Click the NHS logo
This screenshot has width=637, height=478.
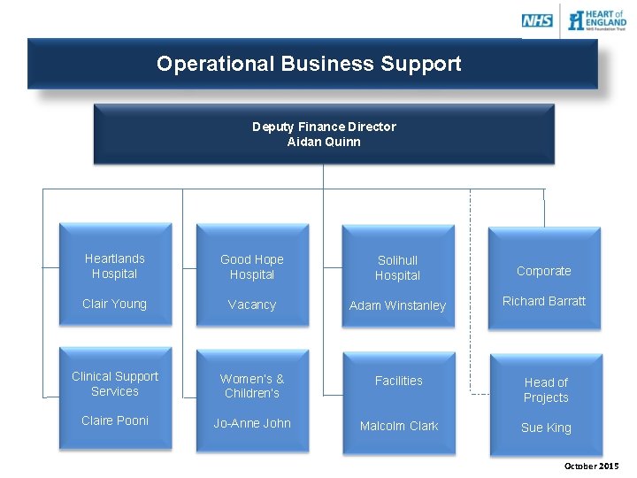coord(537,20)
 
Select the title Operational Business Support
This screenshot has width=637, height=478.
coord(309,64)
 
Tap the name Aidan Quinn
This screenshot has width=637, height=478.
coord(324,142)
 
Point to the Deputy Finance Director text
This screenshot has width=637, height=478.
coord(324,127)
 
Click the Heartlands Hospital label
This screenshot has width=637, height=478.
coord(115,266)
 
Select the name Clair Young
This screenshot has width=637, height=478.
coord(114,304)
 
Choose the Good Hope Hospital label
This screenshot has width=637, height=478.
coord(252,267)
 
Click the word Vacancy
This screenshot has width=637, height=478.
coord(252,305)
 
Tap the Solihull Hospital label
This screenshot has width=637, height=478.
coord(397,268)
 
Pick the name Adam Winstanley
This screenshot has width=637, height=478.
coord(397,305)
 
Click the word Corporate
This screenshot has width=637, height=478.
coord(544,271)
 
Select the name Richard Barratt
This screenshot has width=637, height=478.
coord(544,301)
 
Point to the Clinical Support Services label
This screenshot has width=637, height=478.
coord(115,384)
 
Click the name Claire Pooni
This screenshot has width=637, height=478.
coord(115,420)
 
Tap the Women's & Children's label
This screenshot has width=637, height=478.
coord(252,386)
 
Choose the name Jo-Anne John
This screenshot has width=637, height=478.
coord(252,423)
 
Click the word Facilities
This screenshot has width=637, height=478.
coord(399,381)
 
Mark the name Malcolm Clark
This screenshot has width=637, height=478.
coord(399,426)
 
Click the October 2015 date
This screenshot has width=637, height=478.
coord(591,466)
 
